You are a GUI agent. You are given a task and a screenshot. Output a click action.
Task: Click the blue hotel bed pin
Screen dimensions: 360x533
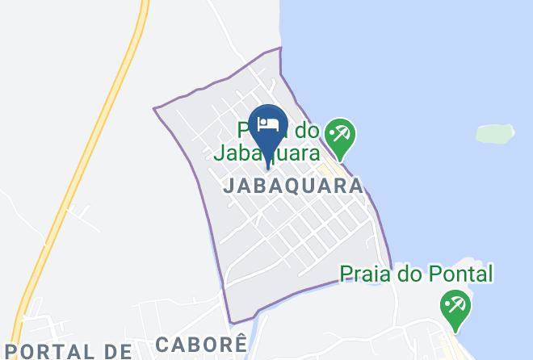(x=267, y=127)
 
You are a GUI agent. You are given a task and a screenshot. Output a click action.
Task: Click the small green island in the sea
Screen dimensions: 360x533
(x=494, y=133)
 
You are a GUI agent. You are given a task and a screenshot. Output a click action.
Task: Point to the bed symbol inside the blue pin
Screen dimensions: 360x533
(x=267, y=123)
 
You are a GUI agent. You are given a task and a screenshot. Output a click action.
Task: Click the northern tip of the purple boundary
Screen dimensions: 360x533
(x=279, y=48)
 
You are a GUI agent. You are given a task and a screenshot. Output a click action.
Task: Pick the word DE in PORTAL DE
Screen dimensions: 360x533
(x=118, y=351)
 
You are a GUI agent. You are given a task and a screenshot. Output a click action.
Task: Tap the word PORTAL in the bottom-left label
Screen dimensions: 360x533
(x=48, y=351)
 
